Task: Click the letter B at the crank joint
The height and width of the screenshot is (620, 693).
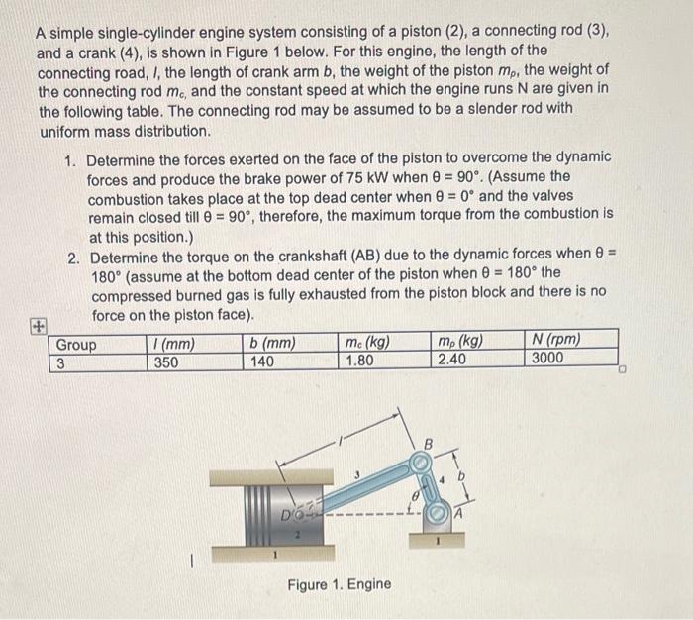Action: (429, 443)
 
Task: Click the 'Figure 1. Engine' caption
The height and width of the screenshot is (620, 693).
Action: (339, 584)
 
